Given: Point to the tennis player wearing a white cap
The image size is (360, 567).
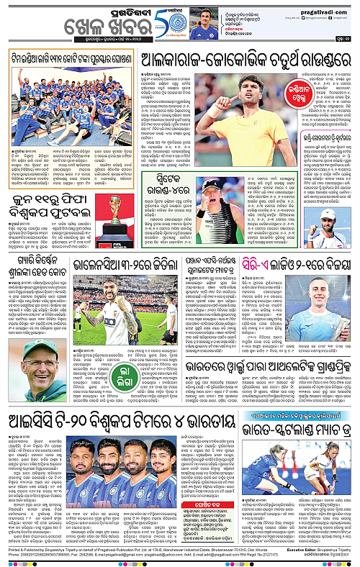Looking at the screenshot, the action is pyautogui.click(x=328, y=227).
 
